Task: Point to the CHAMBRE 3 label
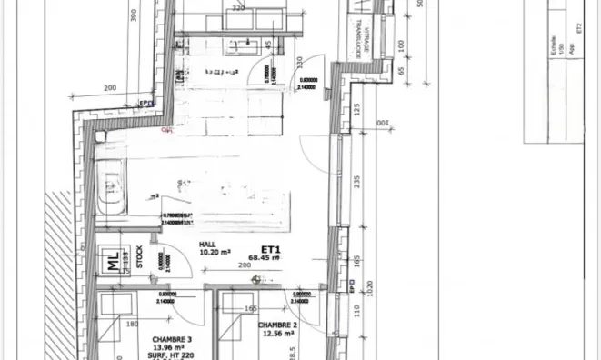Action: [160, 337]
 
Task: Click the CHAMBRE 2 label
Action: [275, 325]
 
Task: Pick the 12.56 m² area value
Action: [277, 334]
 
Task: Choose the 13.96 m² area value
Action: [161, 346]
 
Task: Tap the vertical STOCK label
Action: [139, 258]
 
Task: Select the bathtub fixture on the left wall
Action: [111, 188]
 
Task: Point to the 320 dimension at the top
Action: [239, 6]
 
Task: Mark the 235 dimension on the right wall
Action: [356, 183]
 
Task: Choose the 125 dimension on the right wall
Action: [356, 110]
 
